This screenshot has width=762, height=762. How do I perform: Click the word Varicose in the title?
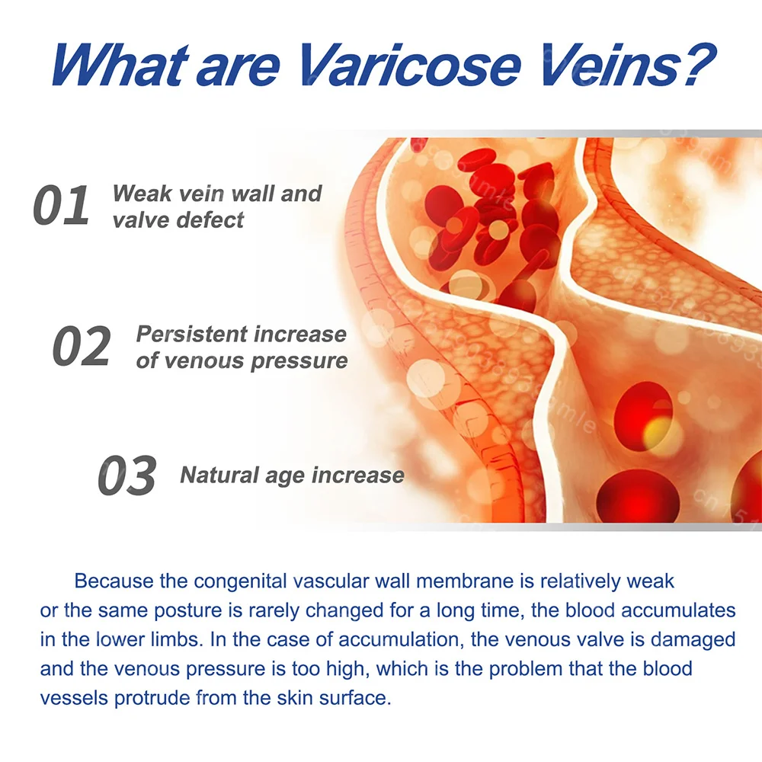click(x=411, y=65)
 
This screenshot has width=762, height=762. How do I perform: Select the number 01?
click(x=61, y=205)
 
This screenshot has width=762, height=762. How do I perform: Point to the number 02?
click(x=82, y=346)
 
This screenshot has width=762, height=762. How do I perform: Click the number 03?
click(x=126, y=475)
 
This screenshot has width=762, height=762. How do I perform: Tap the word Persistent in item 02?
click(x=192, y=334)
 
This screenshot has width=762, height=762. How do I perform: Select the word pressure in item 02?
click(x=299, y=361)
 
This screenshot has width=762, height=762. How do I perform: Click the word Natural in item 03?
click(x=219, y=475)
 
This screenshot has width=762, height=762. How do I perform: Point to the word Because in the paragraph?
click(x=114, y=581)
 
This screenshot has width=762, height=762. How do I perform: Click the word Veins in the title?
click(x=602, y=65)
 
